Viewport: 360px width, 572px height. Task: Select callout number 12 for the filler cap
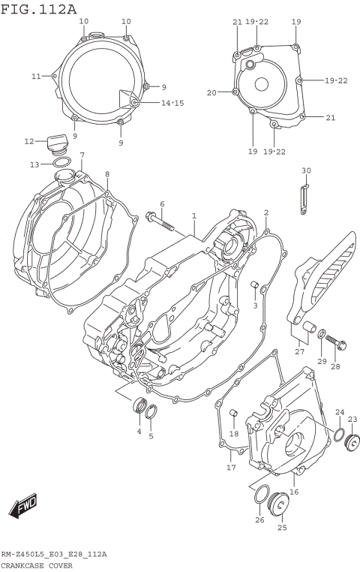pos(29,141)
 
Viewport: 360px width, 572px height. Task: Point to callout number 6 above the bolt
pos(161,204)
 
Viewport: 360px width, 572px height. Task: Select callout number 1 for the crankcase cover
pos(193,216)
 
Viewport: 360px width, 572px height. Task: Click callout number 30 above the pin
pos(305,171)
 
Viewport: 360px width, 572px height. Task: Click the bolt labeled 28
pos(337,345)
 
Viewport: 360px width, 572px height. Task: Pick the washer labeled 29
pos(321,335)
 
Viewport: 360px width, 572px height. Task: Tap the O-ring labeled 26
pos(260,495)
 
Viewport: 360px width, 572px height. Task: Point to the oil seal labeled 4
pos(139,408)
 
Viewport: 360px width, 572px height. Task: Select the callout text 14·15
pos(172,103)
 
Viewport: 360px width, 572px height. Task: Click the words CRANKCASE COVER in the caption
pos(36,565)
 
